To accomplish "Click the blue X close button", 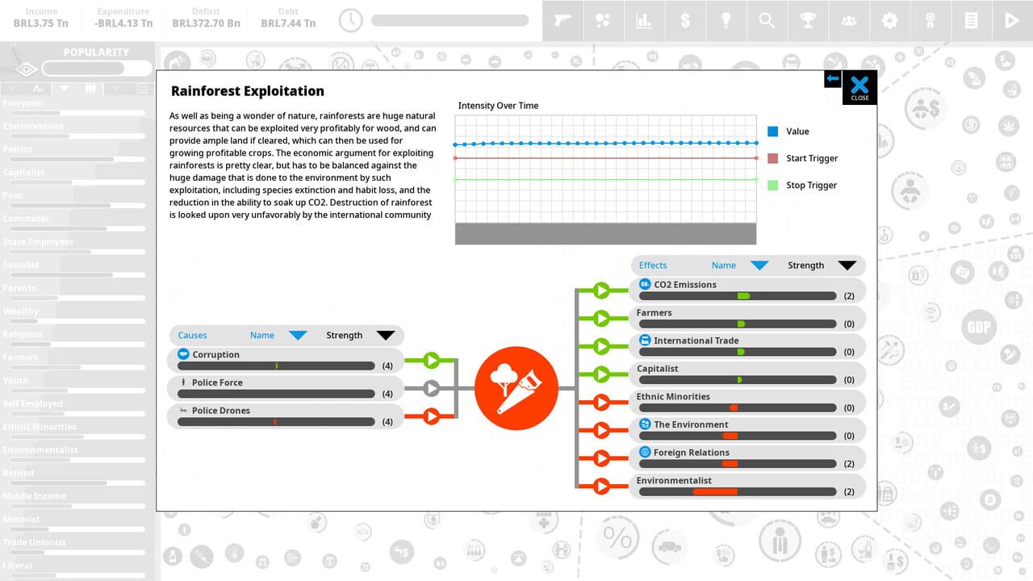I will [x=859, y=85].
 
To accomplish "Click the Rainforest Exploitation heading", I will [x=248, y=91].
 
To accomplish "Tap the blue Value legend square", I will [x=773, y=131].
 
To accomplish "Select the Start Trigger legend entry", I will [x=811, y=158].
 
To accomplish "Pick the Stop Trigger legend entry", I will [x=810, y=185].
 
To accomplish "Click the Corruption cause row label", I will [x=215, y=354].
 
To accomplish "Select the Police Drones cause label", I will [x=220, y=410].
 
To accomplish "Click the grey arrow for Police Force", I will [x=432, y=389].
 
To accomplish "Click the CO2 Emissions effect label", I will [x=684, y=284].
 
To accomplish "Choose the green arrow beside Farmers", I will [x=601, y=318].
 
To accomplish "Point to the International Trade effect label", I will [x=696, y=341].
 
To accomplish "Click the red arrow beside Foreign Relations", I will [x=601, y=458].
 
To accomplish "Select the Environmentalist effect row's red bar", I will [x=715, y=491].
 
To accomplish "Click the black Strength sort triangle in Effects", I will [x=847, y=265].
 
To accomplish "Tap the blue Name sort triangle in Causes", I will [x=298, y=336].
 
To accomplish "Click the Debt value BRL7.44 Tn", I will [x=288, y=23].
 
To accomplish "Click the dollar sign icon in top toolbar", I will [x=685, y=21].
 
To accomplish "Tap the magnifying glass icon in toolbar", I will [x=767, y=21].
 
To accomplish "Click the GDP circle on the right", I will [x=978, y=328].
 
